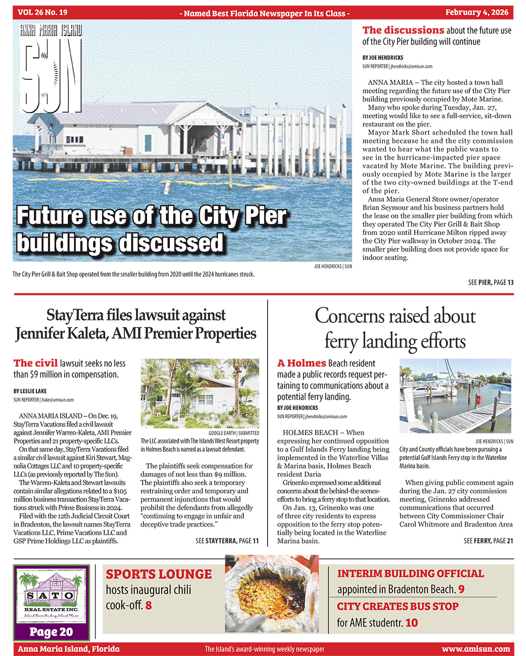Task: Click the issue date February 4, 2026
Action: pyautogui.click(x=477, y=13)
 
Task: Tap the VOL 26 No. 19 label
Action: pyautogui.click(x=42, y=13)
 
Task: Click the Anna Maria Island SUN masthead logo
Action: pyautogui.click(x=51, y=68)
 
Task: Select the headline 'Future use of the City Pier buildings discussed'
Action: pyautogui.click(x=152, y=229)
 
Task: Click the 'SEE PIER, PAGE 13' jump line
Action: pyautogui.click(x=490, y=283)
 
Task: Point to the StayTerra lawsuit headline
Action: pyautogui.click(x=136, y=324)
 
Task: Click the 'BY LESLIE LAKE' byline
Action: pyautogui.click(x=30, y=391)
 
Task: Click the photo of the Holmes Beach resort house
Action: pyautogui.click(x=199, y=393)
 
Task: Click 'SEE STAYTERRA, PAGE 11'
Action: pyautogui.click(x=227, y=541)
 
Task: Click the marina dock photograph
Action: pyautogui.click(x=456, y=396)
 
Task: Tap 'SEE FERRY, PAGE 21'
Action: pyautogui.click(x=488, y=541)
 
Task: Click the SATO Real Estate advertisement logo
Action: pyautogui.click(x=51, y=595)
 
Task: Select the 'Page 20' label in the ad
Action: pyautogui.click(x=51, y=632)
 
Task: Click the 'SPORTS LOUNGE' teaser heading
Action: pyautogui.click(x=158, y=574)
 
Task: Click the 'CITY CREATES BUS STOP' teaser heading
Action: pyautogui.click(x=398, y=606)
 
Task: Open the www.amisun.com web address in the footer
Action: pyautogui.click(x=475, y=649)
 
